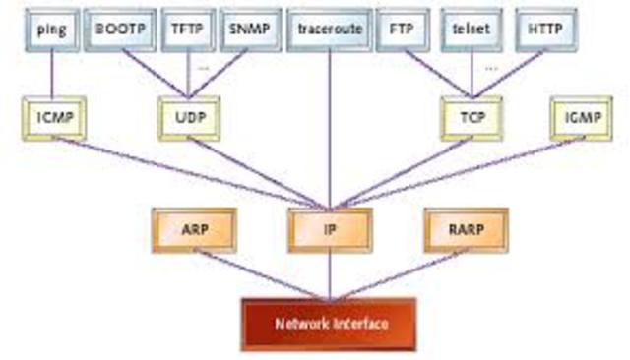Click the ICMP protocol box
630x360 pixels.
(51, 119)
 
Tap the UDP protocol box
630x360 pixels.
(188, 119)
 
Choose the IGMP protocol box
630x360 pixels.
(581, 119)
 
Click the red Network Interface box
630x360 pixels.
(330, 323)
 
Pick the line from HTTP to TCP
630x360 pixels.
(508, 76)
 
